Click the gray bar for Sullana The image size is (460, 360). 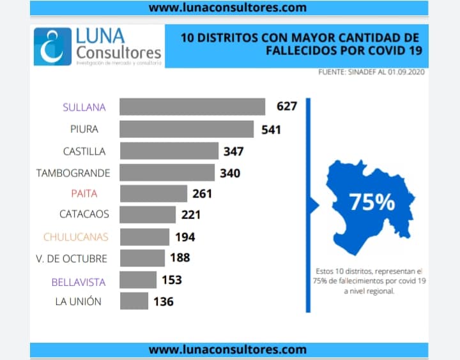[x=192, y=107]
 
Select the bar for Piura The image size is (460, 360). [x=187, y=129]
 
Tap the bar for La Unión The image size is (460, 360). [x=134, y=301]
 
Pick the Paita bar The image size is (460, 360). [x=153, y=193]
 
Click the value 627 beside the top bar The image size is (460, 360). [x=287, y=106]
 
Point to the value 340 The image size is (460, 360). [x=230, y=172]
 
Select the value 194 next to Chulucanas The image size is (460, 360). [x=185, y=237]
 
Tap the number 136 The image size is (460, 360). [x=163, y=301]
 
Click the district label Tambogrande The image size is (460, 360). [x=73, y=173]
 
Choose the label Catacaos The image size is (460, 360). [x=84, y=214]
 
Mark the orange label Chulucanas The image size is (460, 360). [x=75, y=237]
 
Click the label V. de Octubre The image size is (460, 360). [x=72, y=259]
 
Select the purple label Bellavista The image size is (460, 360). [x=80, y=281]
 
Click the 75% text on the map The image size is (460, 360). [x=372, y=202]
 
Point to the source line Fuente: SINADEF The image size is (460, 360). [x=372, y=72]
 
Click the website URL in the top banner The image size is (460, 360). [x=227, y=8]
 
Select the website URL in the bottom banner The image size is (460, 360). [x=227, y=350]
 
